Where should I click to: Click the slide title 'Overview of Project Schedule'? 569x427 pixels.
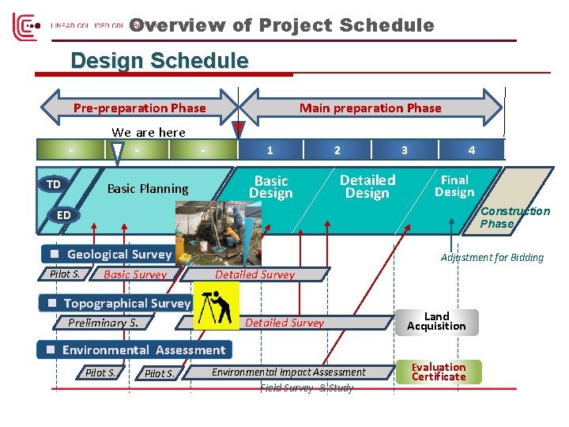tap(282, 25)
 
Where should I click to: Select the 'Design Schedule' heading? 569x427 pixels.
tap(159, 61)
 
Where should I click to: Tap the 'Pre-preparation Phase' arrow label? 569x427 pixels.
tap(139, 108)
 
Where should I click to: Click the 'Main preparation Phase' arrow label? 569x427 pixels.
tap(370, 108)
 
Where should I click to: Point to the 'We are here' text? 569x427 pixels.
tap(149, 132)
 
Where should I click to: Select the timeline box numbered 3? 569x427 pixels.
tap(405, 149)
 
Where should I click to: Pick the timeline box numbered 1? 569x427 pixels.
tap(270, 149)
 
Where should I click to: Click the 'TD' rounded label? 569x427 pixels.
tap(53, 184)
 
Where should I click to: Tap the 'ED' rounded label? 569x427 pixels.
tap(63, 215)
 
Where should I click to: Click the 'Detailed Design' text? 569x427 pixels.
tap(367, 187)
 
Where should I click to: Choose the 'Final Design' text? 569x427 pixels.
tap(454, 186)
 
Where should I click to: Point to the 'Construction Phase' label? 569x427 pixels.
tap(514, 217)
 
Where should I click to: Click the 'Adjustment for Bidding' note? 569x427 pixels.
tap(492, 257)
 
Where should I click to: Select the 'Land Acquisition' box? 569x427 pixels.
tap(436, 321)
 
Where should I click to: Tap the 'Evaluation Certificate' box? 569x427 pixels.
tap(439, 372)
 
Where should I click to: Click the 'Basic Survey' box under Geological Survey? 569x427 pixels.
tap(135, 274)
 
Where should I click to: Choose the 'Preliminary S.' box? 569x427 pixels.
tap(103, 322)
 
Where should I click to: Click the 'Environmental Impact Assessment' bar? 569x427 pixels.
tap(288, 372)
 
